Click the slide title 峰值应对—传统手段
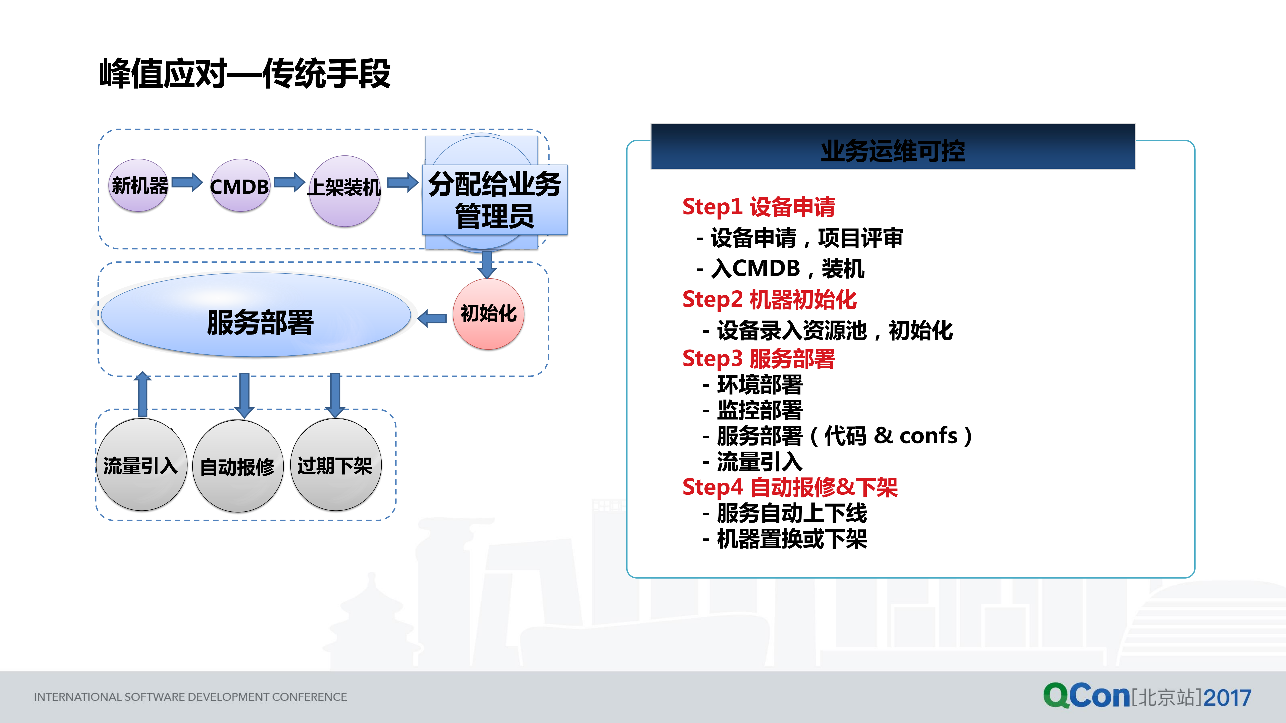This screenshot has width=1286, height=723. point(245,74)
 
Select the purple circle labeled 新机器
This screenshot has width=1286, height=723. point(139,186)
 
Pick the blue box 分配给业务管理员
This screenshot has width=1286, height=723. point(494,200)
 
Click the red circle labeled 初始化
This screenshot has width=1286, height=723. point(488,313)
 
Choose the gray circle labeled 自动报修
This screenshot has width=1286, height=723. point(238,466)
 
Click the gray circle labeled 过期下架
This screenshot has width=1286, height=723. point(335,465)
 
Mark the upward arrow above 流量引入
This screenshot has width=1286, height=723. point(143,394)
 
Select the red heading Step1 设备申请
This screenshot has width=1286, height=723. point(758,207)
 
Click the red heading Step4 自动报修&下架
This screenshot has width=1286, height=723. point(790,487)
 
